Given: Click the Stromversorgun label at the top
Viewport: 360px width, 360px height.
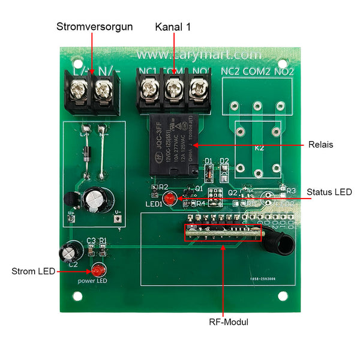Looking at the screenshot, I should [94, 27].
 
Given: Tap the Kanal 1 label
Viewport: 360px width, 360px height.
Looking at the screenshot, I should [174, 27].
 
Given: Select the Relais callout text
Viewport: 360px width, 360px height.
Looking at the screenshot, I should [320, 145].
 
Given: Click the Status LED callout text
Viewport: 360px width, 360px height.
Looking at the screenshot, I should [329, 192].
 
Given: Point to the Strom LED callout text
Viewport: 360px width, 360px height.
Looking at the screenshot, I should [33, 271].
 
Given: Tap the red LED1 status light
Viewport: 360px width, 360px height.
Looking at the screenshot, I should [170, 199].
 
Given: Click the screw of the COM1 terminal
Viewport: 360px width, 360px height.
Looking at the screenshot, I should [173, 91].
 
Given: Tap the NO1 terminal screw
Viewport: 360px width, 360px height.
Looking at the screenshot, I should [197, 91].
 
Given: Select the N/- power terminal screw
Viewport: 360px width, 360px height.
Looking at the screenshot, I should [103, 91].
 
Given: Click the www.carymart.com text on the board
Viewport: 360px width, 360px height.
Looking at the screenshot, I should [179, 54].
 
